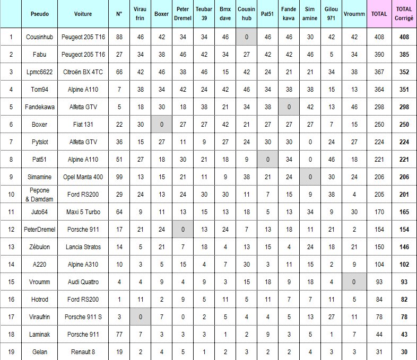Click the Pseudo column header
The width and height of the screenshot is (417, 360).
[39, 14]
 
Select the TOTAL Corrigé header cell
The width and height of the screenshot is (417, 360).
[404, 14]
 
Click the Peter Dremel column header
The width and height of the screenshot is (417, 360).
[183, 14]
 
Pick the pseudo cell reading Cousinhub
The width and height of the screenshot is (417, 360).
[39, 38]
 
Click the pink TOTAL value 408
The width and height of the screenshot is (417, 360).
[379, 38]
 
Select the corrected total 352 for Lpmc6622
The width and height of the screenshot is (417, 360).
[404, 72]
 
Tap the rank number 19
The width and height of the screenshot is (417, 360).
[11, 351]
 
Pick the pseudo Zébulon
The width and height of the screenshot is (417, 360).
[39, 247]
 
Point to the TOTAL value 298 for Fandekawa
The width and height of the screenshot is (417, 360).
[379, 107]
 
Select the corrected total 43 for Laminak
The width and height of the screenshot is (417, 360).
[404, 333]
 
